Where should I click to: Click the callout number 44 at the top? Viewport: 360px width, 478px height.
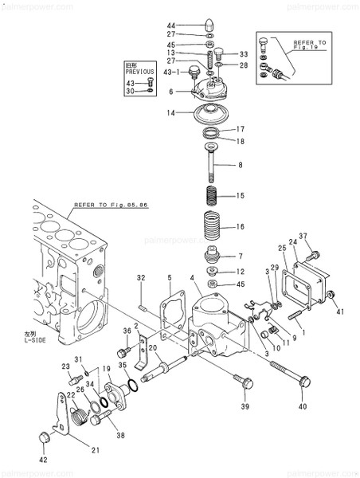click(171, 25)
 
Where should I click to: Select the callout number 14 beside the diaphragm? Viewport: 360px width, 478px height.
click(170, 113)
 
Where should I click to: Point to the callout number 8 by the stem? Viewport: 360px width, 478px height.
click(239, 166)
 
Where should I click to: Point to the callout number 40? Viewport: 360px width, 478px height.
click(302, 407)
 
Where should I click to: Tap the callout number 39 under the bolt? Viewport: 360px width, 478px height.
click(243, 406)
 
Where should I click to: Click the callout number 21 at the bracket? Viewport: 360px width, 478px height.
click(95, 450)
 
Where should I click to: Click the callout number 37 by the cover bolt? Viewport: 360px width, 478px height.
click(303, 237)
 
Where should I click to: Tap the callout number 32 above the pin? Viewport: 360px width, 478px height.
click(140, 277)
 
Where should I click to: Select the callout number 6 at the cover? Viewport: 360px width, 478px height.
click(170, 92)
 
